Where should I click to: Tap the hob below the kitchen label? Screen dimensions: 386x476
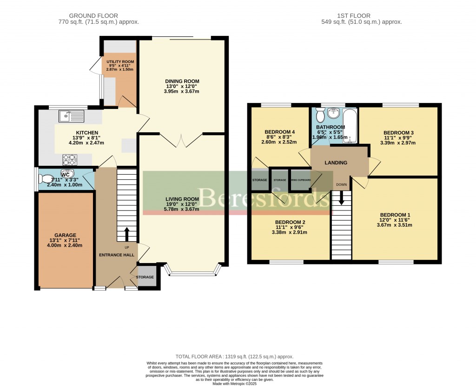[x=70, y=160]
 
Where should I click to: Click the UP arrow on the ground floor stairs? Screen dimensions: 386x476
[x=126, y=233]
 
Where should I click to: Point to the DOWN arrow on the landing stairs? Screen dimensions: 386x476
[x=342, y=199]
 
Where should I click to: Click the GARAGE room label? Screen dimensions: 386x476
[x=65, y=235]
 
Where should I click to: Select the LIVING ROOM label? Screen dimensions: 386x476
[x=183, y=199]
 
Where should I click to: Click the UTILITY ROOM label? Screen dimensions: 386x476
[x=120, y=62]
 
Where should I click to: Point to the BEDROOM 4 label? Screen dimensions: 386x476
[x=280, y=132]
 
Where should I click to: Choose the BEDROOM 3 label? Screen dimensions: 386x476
[x=398, y=133]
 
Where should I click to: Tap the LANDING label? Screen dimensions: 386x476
[x=336, y=163]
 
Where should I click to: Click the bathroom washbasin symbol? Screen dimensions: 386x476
[x=334, y=113]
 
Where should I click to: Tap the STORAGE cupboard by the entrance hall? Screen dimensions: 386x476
[x=145, y=278]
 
